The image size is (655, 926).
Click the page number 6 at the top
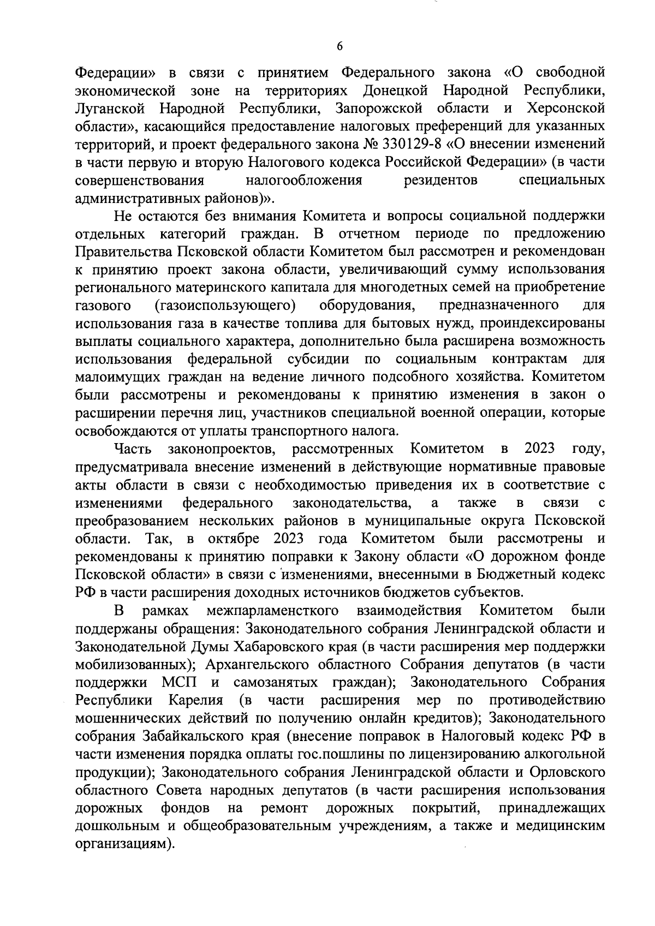(x=339, y=47)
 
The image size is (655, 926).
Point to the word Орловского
(x=567, y=773)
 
